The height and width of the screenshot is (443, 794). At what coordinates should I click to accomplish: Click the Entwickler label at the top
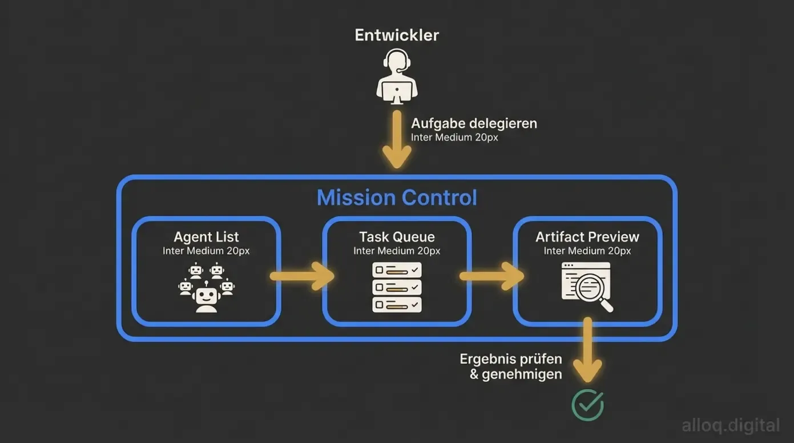click(x=397, y=35)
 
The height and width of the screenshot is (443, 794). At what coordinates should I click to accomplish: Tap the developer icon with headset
click(x=397, y=76)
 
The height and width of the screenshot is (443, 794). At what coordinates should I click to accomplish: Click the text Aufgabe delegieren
click(x=474, y=123)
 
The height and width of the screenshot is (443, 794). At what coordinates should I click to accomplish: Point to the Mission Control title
click(x=397, y=198)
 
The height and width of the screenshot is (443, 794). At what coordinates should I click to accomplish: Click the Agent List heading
click(x=206, y=237)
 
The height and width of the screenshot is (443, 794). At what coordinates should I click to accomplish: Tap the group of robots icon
click(x=206, y=287)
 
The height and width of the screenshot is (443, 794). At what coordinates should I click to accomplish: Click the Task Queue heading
click(x=397, y=237)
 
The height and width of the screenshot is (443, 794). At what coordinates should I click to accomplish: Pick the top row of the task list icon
click(x=397, y=270)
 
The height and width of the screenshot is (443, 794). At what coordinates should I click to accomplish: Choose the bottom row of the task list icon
click(x=397, y=304)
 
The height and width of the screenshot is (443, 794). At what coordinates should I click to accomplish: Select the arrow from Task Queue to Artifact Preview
click(x=491, y=276)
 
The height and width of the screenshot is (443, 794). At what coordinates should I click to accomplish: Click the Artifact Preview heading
click(x=587, y=237)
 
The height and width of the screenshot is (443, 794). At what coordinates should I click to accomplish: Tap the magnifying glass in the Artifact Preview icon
click(x=594, y=288)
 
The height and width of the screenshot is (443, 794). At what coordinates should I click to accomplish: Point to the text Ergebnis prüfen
click(x=511, y=360)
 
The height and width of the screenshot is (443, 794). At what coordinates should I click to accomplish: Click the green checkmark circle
click(x=587, y=405)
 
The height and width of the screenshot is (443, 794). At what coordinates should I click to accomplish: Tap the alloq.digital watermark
click(x=731, y=425)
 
